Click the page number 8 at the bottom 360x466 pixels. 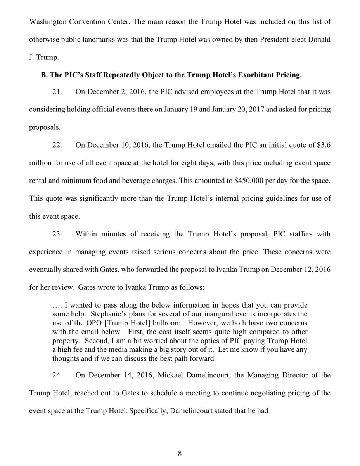pos(180,453)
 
